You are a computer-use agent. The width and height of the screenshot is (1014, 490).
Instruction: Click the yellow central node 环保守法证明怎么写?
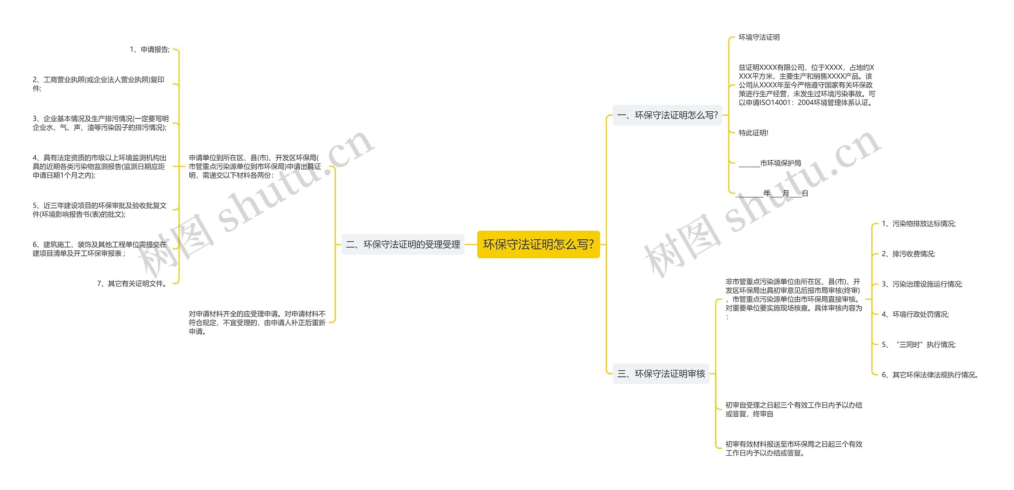click(x=538, y=244)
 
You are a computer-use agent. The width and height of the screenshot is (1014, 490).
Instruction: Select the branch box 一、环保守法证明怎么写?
click(x=667, y=115)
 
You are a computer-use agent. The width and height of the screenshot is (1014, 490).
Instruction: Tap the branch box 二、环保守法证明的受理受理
click(x=403, y=244)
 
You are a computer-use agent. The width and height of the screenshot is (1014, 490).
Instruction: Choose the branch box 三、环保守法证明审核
click(x=661, y=374)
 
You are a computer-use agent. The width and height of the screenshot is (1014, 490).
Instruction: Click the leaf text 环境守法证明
click(x=759, y=37)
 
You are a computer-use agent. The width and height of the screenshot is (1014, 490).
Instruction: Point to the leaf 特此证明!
click(x=753, y=133)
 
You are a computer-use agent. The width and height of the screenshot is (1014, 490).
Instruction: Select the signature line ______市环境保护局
click(x=770, y=163)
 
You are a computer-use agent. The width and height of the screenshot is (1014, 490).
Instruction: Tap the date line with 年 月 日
click(x=773, y=193)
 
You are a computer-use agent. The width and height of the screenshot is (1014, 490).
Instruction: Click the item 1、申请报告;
click(x=150, y=50)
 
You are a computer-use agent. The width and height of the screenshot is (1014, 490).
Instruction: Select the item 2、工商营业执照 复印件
click(x=98, y=84)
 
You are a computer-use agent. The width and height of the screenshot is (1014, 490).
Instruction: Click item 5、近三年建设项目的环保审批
click(x=99, y=210)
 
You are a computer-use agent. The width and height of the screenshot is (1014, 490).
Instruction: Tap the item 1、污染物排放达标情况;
click(x=919, y=224)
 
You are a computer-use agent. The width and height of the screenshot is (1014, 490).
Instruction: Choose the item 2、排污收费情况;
click(x=908, y=254)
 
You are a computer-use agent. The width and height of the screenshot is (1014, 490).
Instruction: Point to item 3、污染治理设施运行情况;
click(x=922, y=284)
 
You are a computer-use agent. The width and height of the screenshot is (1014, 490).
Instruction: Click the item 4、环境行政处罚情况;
click(x=915, y=315)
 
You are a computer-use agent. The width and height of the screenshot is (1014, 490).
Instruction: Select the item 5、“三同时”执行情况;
click(x=919, y=345)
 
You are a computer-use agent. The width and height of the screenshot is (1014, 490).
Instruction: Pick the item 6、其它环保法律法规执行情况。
click(x=930, y=375)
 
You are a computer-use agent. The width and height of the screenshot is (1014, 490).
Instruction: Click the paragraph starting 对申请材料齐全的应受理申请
click(x=257, y=322)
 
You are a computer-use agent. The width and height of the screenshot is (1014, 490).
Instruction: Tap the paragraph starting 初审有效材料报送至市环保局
click(x=794, y=448)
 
